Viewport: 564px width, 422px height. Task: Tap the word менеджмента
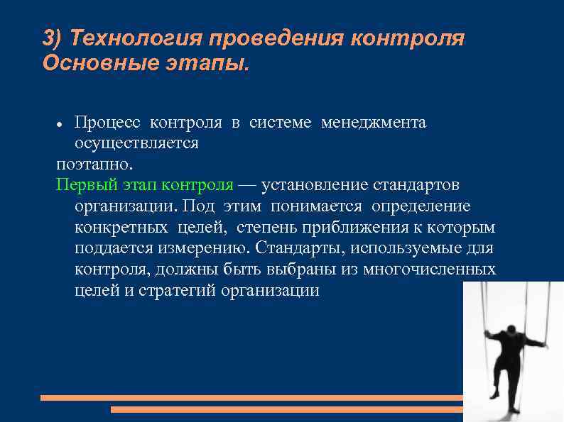click(374, 123)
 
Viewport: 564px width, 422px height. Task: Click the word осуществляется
click(136, 143)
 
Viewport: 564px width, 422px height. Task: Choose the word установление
click(311, 185)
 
